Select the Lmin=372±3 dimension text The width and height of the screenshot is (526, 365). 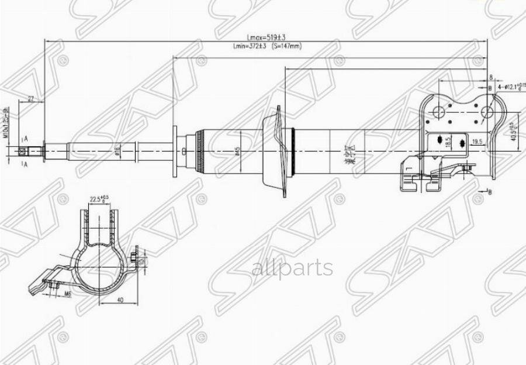pyautogui.click(x=250, y=46)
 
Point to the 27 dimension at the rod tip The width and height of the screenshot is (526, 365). pyautogui.click(x=30, y=98)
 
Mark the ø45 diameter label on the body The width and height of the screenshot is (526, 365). pyautogui.click(x=237, y=151)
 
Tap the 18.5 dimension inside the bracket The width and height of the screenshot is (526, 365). pyautogui.click(x=447, y=142)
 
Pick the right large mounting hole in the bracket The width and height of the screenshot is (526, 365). pyautogui.click(x=485, y=112)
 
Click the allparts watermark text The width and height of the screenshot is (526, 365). pyautogui.click(x=292, y=268)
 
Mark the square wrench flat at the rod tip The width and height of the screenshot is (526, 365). pyautogui.click(x=22, y=151)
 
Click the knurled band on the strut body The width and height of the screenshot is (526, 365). pyautogui.click(x=200, y=151)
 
